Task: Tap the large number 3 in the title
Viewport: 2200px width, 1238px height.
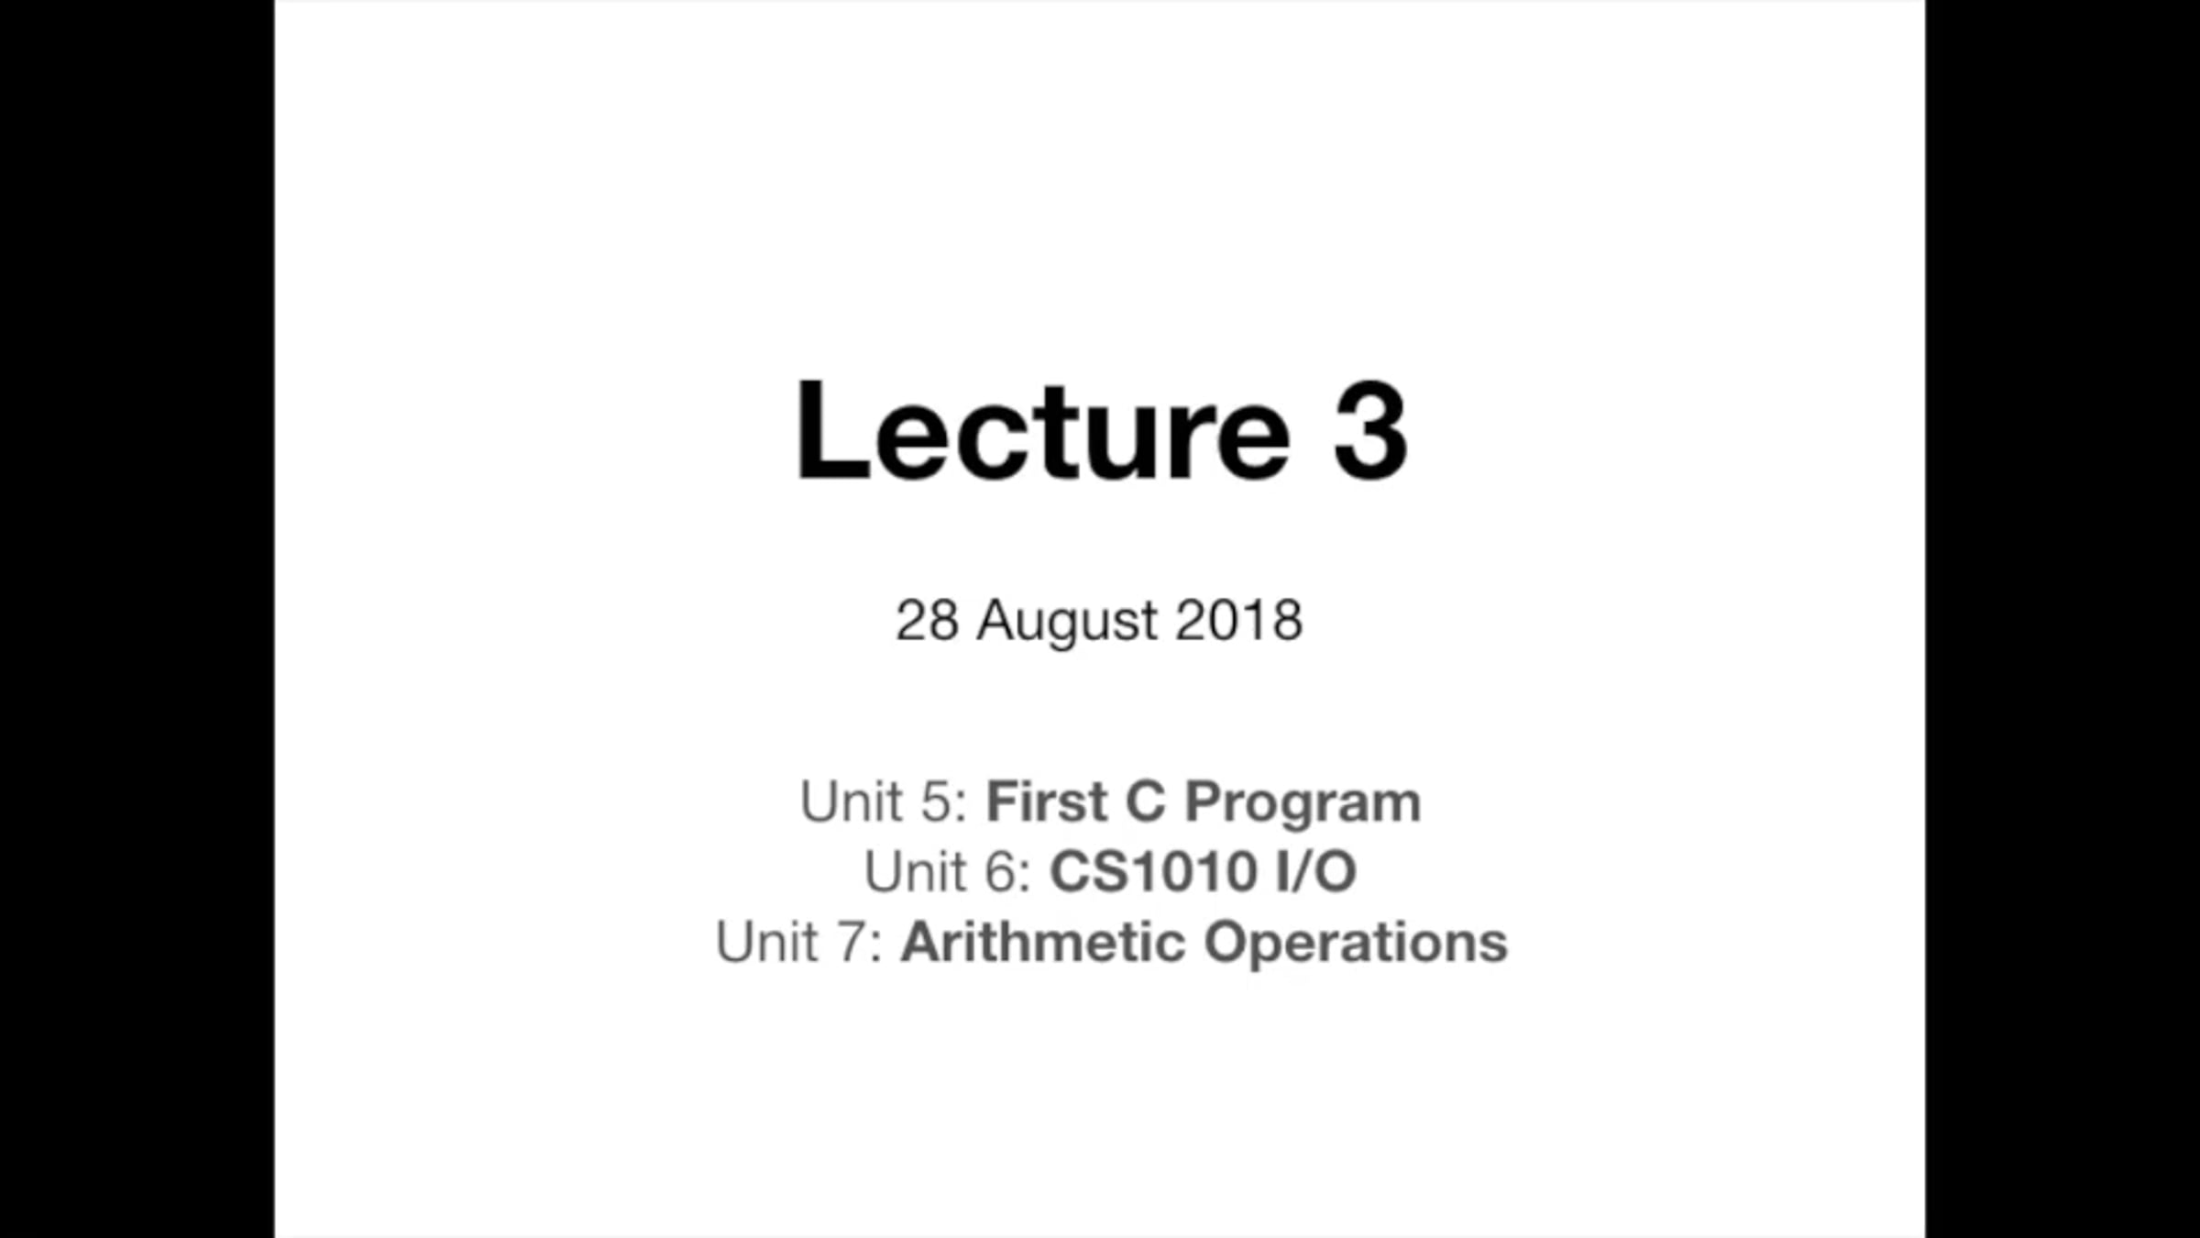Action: click(x=1370, y=430)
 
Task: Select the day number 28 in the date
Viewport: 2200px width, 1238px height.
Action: click(x=928, y=621)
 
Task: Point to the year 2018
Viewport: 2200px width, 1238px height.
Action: click(x=1238, y=621)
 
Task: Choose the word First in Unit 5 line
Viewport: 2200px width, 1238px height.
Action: click(x=1047, y=801)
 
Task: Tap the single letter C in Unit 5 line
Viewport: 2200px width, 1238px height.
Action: click(x=1146, y=801)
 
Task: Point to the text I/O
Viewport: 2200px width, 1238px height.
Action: click(x=1315, y=871)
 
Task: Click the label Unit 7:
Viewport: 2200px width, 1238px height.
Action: click(x=799, y=942)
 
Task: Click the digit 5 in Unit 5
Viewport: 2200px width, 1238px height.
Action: click(x=936, y=801)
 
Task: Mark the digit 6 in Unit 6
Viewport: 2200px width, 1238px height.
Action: click(x=1000, y=871)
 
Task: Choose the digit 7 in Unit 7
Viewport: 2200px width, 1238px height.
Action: click(x=851, y=942)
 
